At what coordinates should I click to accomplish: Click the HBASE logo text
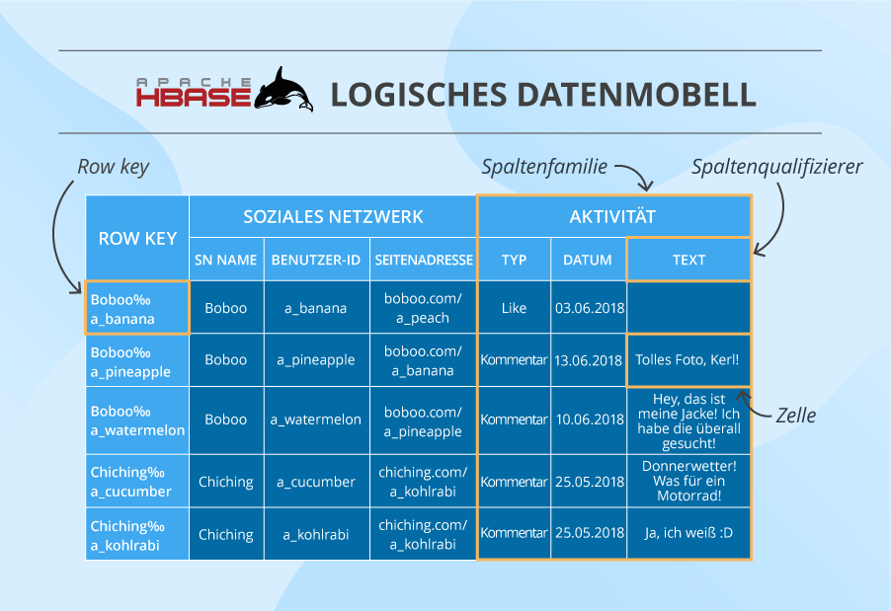click(x=194, y=96)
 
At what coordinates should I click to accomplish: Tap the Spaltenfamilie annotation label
click(x=544, y=167)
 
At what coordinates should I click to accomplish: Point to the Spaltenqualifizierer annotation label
click(x=777, y=167)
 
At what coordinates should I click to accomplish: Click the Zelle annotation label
click(x=795, y=415)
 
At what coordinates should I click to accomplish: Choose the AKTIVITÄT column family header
click(x=612, y=217)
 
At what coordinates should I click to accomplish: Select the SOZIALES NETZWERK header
click(x=333, y=216)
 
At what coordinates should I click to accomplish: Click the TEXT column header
click(x=688, y=260)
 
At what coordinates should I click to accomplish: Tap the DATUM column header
click(x=588, y=260)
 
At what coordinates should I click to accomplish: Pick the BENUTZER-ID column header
click(x=316, y=260)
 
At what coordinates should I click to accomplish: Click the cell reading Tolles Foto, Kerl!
click(x=688, y=360)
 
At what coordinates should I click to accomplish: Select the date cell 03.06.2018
click(x=589, y=308)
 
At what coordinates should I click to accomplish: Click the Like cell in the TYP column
click(x=514, y=308)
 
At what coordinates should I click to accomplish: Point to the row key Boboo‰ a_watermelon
click(x=137, y=420)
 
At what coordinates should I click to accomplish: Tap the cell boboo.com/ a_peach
click(x=423, y=308)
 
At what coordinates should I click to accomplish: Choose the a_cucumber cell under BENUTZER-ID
click(x=316, y=482)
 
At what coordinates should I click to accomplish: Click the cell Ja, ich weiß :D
click(x=688, y=534)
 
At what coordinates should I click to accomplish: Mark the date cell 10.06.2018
click(x=589, y=420)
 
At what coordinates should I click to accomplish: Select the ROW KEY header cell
click(x=137, y=238)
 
